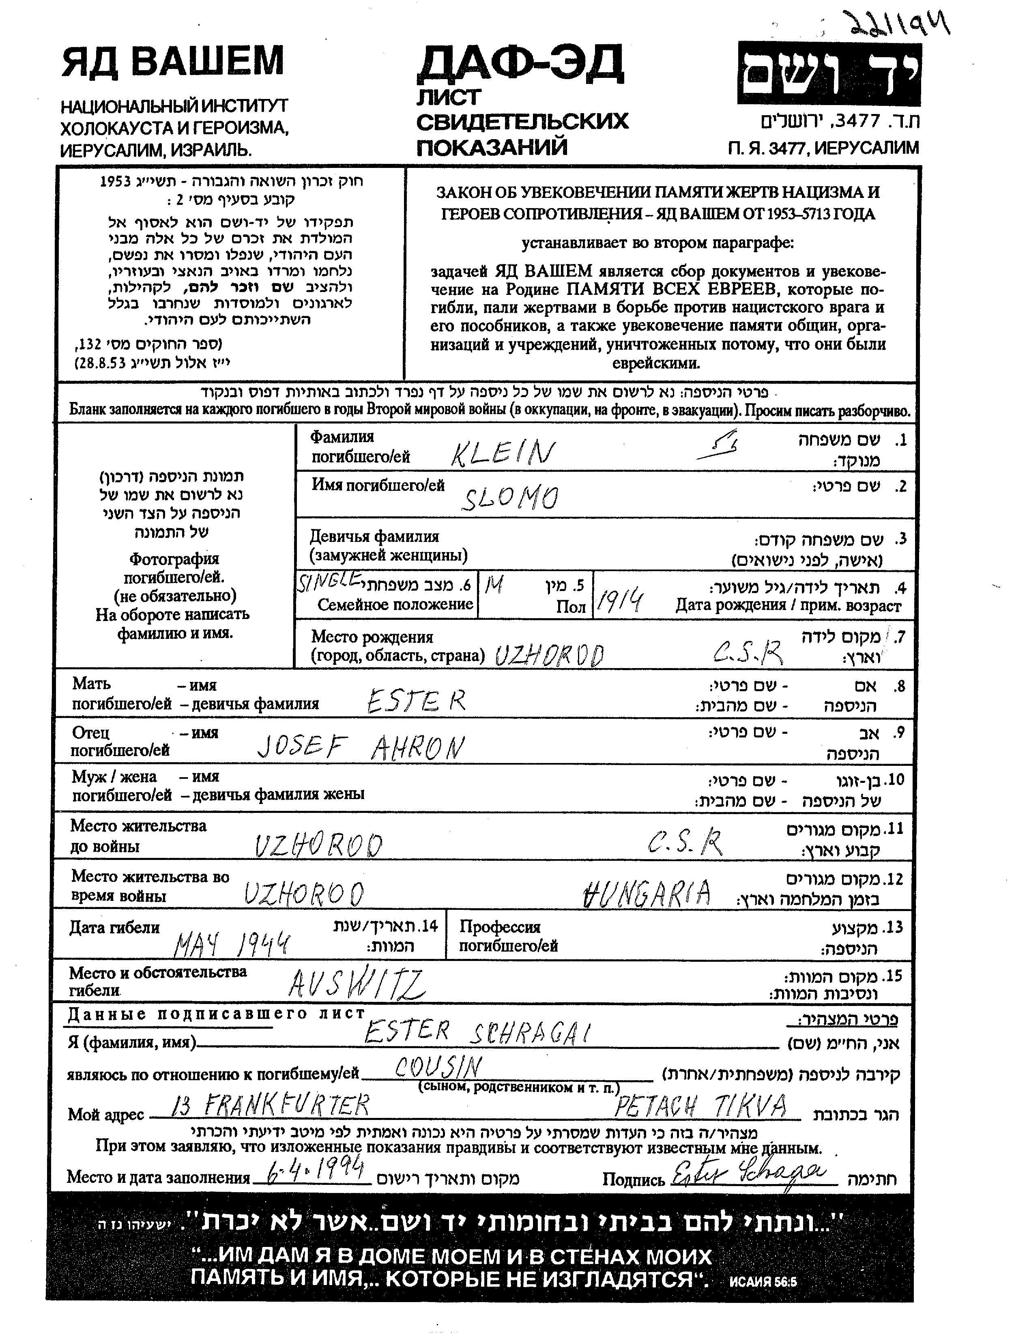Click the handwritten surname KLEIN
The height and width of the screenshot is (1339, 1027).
coord(503,453)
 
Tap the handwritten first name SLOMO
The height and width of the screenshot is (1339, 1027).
coord(509,498)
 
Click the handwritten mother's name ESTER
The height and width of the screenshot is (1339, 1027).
coord(416,701)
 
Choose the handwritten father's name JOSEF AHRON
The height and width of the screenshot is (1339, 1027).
coord(361,746)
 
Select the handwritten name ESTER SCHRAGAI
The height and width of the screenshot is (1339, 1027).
coord(477,1033)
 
